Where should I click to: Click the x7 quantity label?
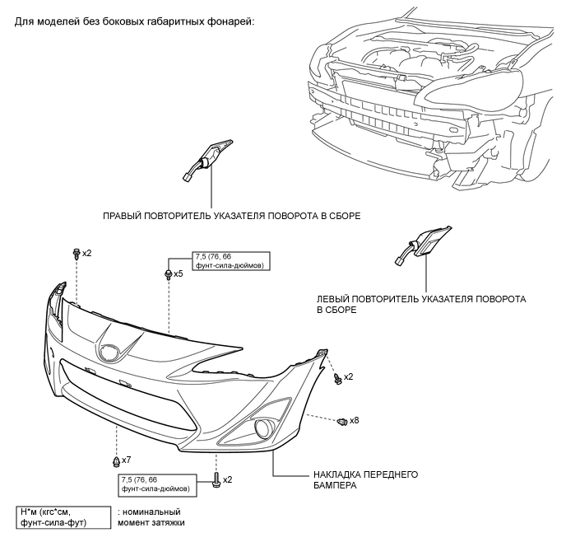point(127,459)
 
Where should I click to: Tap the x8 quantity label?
point(355,421)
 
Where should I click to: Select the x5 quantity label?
point(179,273)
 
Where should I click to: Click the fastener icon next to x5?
point(168,273)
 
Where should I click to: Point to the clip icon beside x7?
point(116,459)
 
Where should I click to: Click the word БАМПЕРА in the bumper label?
point(335,486)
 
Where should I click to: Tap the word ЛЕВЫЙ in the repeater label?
point(335,298)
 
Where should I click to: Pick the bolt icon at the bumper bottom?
point(216,479)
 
